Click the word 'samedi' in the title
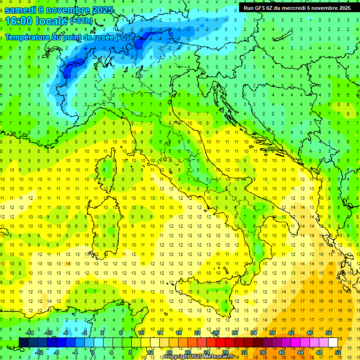coord(20,10)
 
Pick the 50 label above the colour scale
coord(329,333)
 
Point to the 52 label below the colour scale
coord(338,352)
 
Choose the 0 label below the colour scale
coord(93,352)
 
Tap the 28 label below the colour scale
coord(225,352)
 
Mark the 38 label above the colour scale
coord(272,333)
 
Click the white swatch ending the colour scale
coord(333,343)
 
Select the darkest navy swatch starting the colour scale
coord(23,343)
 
